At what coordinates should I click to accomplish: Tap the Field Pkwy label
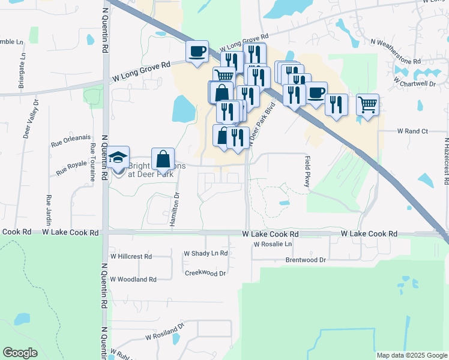[x=308, y=172]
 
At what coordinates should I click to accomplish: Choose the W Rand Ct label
[x=412, y=131]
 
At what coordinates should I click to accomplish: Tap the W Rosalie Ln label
[x=273, y=244]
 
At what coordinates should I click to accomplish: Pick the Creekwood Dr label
[x=205, y=273]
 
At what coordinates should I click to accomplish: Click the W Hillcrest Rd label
[x=131, y=256]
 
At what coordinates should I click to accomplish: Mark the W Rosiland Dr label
[x=164, y=334]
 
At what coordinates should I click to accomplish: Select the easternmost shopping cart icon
[x=367, y=104]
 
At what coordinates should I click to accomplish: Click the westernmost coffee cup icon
[x=197, y=51]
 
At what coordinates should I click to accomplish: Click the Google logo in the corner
[x=20, y=353]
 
